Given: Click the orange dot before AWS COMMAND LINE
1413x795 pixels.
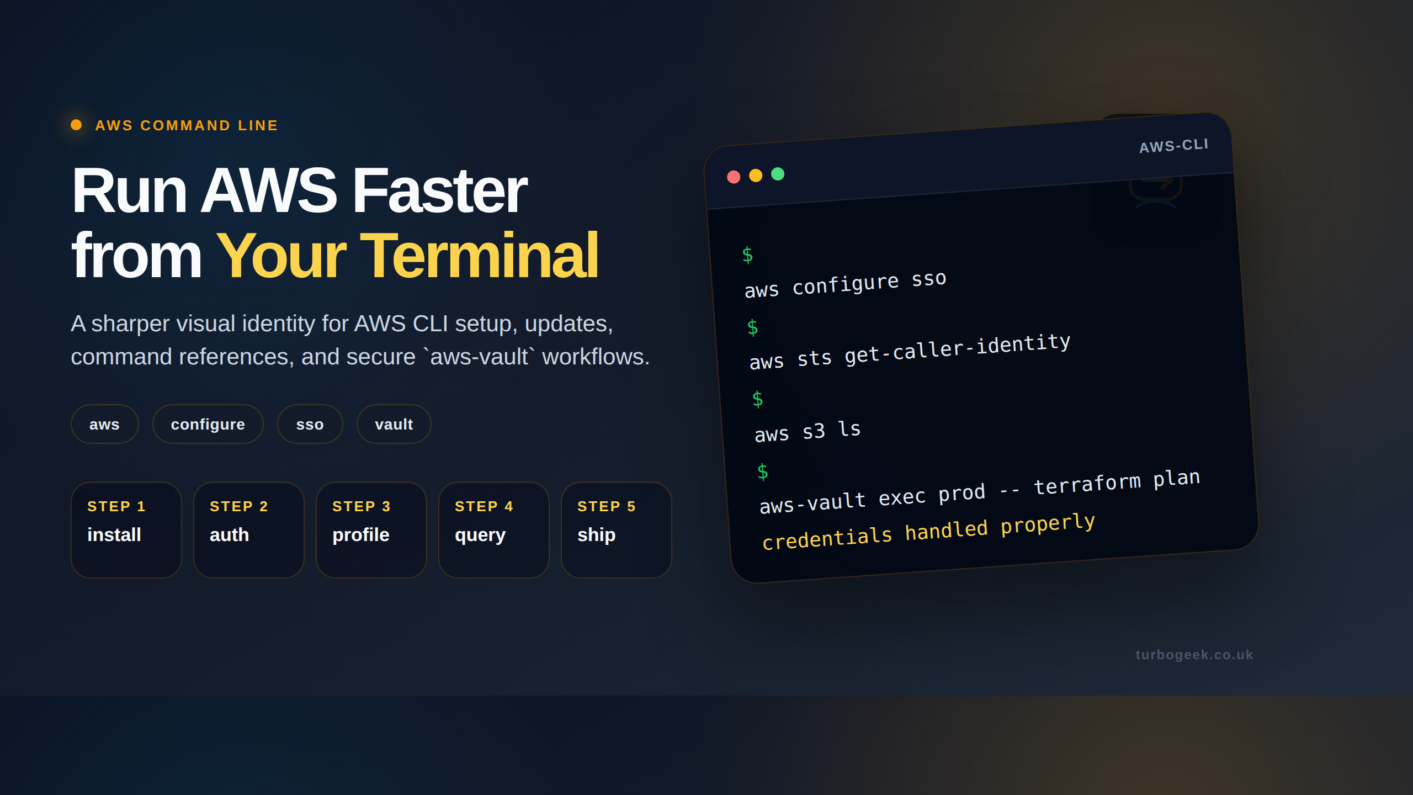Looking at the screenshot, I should [76, 125].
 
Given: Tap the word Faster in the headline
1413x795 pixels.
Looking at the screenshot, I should [439, 191].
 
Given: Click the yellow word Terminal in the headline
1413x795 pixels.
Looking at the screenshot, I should [479, 256].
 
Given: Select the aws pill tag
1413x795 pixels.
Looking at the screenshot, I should [104, 424].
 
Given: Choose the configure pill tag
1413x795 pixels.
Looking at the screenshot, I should [208, 424].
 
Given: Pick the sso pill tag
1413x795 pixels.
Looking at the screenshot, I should [310, 424].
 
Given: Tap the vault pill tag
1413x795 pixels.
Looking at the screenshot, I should [394, 424].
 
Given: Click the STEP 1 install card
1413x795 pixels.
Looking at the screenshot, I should [126, 529].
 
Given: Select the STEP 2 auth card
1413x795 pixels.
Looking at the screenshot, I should [249, 529].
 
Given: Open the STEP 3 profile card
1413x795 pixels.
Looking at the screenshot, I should [371, 529].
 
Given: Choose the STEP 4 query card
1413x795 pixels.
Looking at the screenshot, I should [494, 529].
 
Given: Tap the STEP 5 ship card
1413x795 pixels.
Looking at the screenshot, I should [617, 529].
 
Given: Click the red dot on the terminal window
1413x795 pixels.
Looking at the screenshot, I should [734, 177].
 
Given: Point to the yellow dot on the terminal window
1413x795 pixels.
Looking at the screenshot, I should [756, 176].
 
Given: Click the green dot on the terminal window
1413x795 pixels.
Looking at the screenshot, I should [778, 174].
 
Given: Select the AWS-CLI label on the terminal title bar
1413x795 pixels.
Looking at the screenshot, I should [1174, 146].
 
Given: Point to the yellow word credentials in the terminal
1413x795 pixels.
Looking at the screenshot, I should [827, 538].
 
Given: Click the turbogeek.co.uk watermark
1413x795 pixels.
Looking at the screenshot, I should [1194, 655].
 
